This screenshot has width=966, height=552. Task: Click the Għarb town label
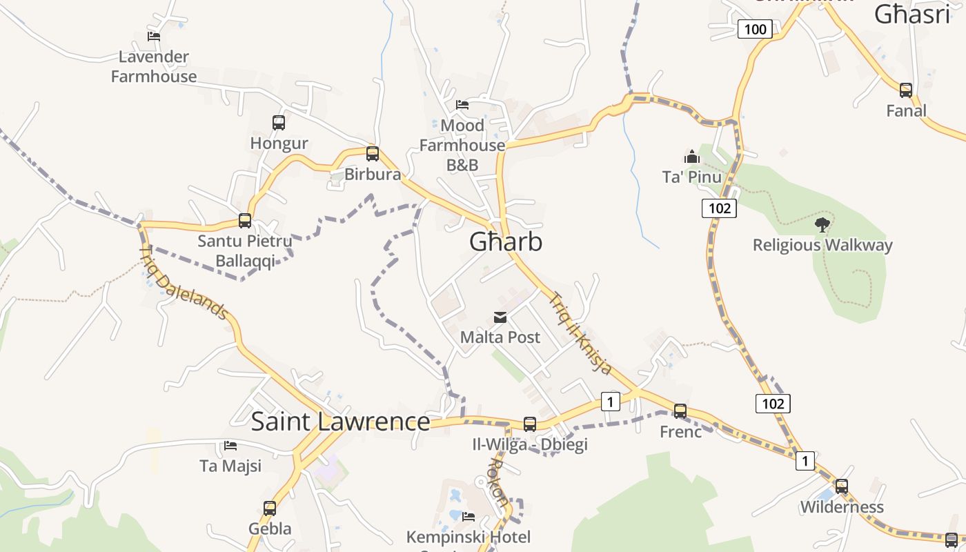click(506, 241)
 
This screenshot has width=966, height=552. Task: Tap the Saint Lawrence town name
click(340, 422)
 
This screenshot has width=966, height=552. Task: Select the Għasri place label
click(912, 14)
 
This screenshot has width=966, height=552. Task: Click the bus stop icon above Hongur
click(279, 123)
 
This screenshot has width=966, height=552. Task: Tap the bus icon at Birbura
click(373, 153)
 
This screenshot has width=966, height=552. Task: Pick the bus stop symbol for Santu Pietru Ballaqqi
click(245, 221)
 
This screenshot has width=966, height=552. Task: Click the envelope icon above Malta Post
click(500, 317)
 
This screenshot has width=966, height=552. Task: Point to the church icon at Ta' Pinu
click(692, 157)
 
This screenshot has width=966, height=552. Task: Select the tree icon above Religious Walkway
click(822, 224)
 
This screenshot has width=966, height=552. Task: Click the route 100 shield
click(755, 29)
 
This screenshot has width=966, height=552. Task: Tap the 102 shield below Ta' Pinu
click(719, 208)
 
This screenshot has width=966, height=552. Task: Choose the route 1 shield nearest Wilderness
click(805, 460)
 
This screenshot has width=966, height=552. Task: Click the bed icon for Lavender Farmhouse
click(154, 36)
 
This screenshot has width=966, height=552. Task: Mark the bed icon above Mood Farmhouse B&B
click(462, 105)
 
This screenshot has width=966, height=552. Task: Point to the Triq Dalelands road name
click(184, 283)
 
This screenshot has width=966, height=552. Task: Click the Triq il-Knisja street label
click(580, 334)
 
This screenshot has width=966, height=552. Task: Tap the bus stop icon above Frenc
click(680, 411)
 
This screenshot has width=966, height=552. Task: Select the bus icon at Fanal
click(906, 90)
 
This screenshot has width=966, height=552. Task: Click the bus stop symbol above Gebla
click(270, 509)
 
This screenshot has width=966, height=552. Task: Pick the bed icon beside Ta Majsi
click(230, 446)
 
